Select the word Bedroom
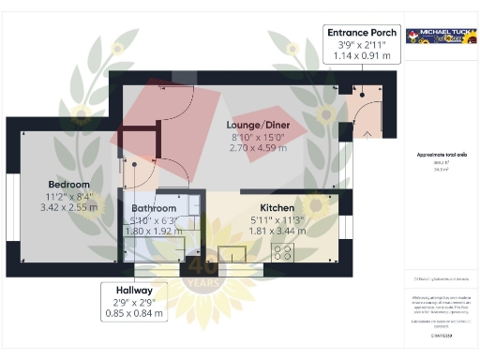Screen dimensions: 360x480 70,184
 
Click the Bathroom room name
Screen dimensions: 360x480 154,208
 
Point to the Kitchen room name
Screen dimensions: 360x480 277,207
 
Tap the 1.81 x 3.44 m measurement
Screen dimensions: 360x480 277,231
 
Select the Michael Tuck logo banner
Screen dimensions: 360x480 439,36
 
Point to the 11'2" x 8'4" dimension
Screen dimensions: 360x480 70,197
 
